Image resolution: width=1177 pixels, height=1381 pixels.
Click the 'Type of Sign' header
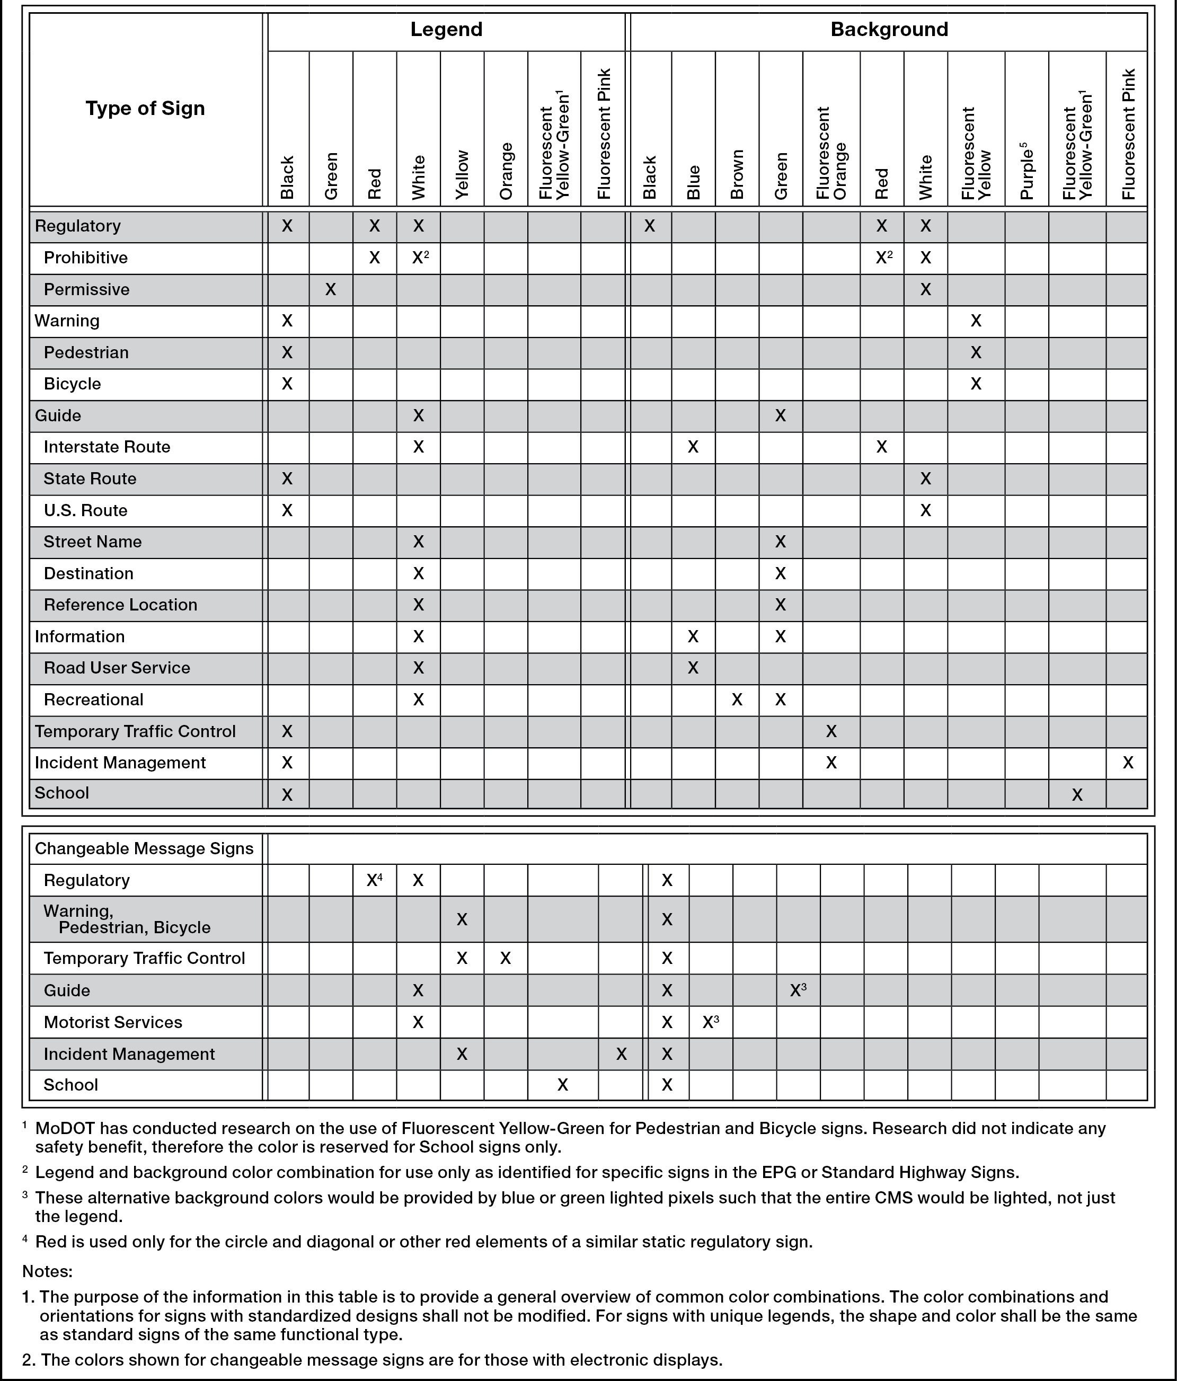pos(145,108)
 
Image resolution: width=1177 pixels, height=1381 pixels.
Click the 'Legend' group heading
pos(446,29)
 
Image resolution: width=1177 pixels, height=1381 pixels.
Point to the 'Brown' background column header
pos(737,175)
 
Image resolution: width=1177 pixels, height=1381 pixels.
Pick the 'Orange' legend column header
pos(506,171)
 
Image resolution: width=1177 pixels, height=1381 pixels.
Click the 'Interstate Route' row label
pos(107,447)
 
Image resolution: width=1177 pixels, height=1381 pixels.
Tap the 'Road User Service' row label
pos(117,668)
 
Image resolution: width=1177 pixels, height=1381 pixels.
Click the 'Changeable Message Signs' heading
pos(144,848)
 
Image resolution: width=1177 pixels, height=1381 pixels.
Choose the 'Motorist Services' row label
pos(113,1022)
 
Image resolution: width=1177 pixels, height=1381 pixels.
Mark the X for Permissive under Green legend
pos(331,289)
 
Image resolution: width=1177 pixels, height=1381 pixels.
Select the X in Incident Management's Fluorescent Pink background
pos(1127,763)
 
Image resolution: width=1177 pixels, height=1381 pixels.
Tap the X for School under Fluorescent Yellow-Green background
pos(1076,794)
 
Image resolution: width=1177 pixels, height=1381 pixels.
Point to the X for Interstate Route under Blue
pos(693,447)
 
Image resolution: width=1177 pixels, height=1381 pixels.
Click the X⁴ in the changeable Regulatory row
pos(374,880)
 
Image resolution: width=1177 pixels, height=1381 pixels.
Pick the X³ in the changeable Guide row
pos(798,990)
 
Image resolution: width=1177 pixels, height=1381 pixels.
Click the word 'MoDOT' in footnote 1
pos(65,1128)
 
